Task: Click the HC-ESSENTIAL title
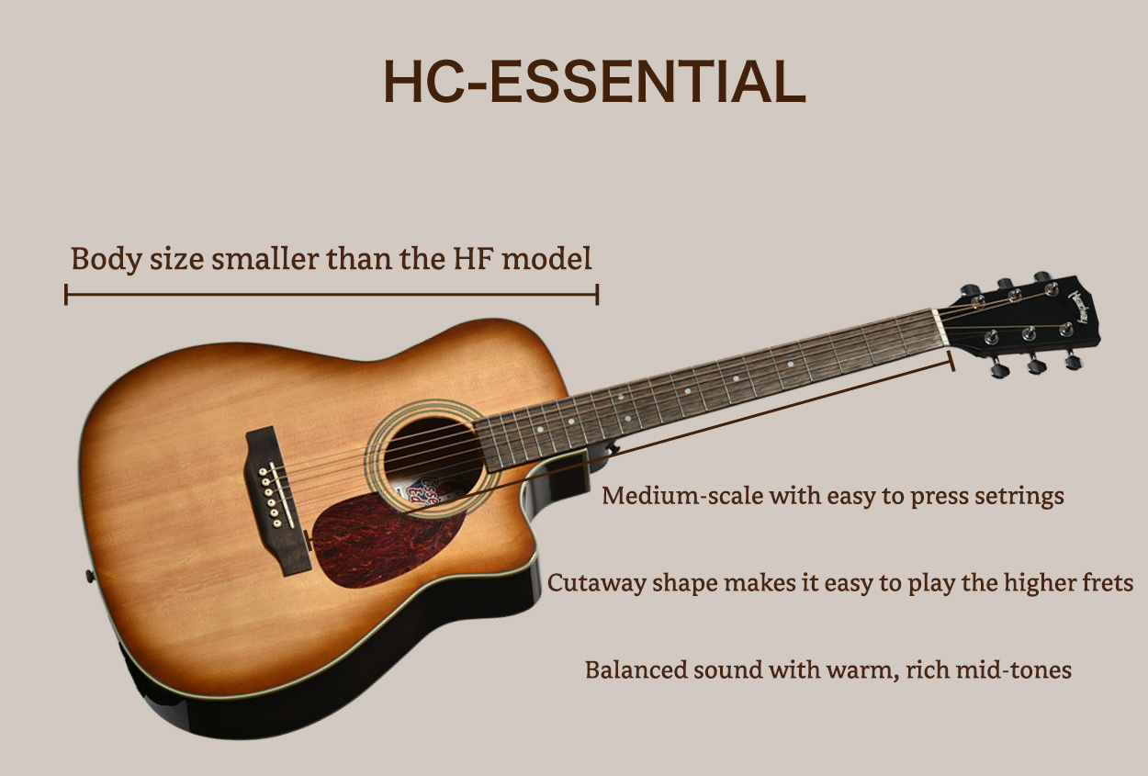[594, 82]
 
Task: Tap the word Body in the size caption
[106, 259]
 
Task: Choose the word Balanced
[634, 669]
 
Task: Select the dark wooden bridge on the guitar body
[277, 500]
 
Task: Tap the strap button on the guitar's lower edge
[90, 576]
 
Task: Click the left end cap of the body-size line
[66, 294]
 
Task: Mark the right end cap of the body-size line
[597, 294]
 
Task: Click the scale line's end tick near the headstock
[951, 361]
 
